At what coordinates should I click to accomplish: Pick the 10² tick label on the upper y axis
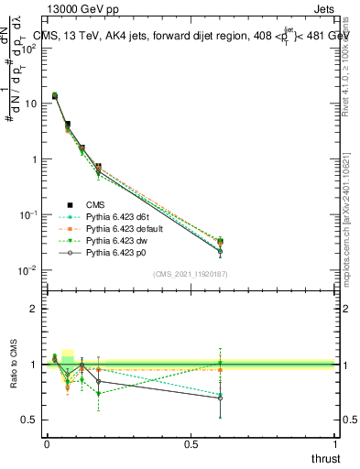(x=27, y=48)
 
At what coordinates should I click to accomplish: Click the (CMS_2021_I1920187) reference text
(x=191, y=273)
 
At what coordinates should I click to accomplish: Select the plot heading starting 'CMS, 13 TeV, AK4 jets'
(x=192, y=36)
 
